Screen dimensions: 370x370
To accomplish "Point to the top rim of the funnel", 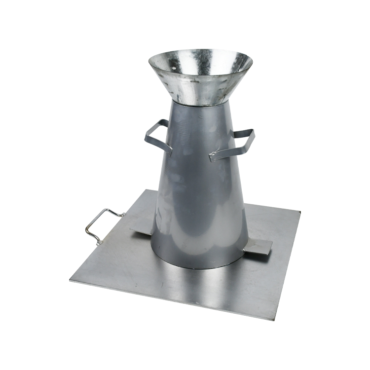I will pos(200,51).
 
